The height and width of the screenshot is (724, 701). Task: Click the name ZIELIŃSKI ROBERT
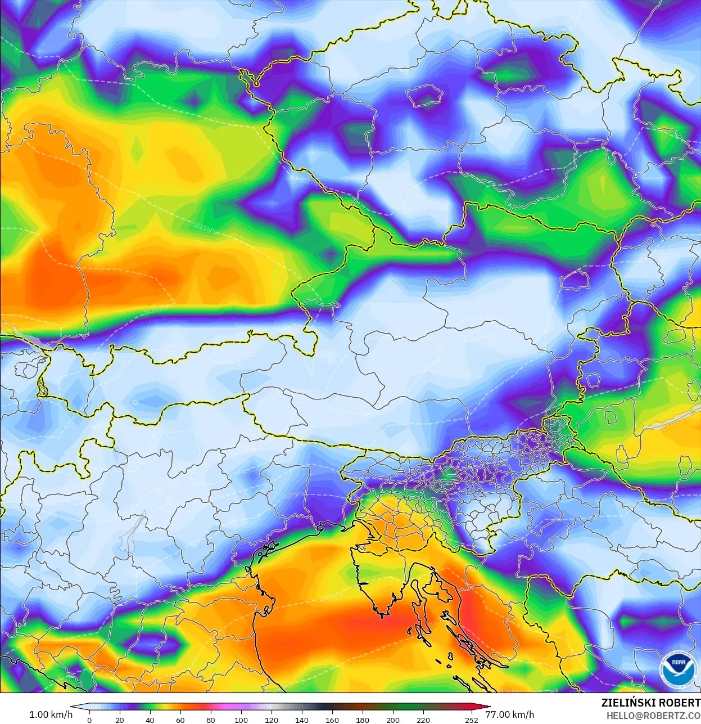650,703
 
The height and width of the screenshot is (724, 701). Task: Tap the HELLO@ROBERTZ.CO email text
653,716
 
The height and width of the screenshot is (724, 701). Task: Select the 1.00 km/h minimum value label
51,714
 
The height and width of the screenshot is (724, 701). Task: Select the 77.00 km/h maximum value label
509,714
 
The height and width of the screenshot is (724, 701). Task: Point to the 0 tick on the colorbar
89,720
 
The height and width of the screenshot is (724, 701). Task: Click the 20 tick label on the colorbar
119,720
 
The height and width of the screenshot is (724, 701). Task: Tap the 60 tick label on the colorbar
180,720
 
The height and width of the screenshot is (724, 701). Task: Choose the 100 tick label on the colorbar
241,720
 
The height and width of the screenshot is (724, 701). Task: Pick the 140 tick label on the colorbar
302,720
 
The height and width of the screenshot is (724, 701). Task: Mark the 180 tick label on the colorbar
363,720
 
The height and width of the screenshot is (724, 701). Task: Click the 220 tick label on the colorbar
423,720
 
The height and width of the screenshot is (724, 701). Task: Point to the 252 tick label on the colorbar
472,720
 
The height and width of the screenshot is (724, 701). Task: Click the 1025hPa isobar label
203,227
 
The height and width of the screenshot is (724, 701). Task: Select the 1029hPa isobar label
525,35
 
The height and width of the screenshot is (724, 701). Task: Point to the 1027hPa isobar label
309,181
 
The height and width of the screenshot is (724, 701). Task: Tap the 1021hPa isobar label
293,496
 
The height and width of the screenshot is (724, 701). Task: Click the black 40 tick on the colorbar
150,720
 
